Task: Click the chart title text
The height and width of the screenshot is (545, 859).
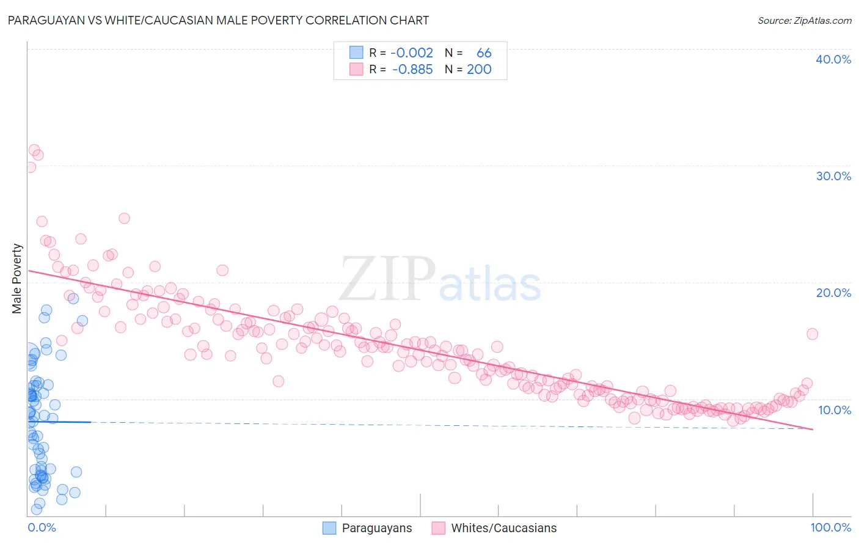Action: tap(218, 20)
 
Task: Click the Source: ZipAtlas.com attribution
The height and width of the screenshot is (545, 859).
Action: tap(804, 20)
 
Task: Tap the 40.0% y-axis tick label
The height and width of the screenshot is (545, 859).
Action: tap(833, 59)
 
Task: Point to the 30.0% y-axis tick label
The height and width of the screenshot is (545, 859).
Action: tap(833, 176)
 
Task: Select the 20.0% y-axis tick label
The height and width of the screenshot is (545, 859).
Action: tap(833, 293)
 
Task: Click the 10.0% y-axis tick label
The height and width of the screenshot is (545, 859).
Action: tap(834, 410)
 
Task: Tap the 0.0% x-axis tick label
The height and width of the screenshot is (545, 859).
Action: tap(42, 527)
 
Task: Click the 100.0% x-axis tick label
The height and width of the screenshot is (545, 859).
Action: tap(830, 527)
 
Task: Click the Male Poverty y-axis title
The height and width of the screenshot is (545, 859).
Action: tap(17, 279)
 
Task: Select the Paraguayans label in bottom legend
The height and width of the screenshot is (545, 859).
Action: tap(376, 528)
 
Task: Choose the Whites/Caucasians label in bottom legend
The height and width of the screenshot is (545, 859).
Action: tap(503, 528)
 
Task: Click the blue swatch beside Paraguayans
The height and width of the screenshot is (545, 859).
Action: tap(329, 528)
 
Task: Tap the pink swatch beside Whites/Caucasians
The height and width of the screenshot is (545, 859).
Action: tap(438, 528)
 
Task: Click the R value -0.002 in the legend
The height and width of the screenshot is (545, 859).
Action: tap(411, 53)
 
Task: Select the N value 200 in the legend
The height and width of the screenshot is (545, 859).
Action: tap(479, 70)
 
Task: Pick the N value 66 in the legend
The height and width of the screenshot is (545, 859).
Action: tap(484, 53)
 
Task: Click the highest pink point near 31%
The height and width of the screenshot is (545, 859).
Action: tap(34, 150)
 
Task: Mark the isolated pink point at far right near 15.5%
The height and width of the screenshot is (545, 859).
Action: tap(812, 334)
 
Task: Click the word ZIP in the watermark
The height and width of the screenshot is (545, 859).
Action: tap(387, 279)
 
